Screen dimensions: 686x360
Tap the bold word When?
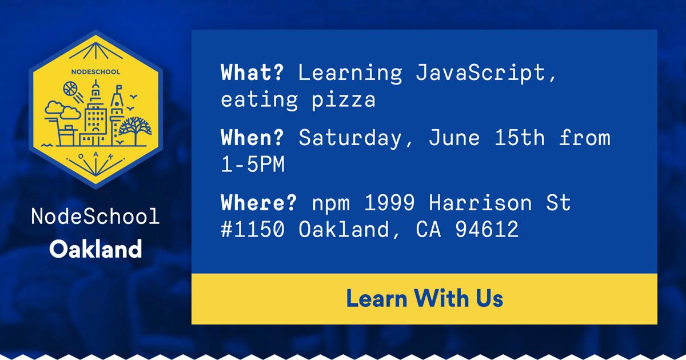click(x=252, y=138)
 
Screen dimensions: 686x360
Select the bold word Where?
click(x=258, y=202)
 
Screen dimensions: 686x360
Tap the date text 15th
click(x=520, y=138)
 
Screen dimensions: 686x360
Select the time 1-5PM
click(x=253, y=165)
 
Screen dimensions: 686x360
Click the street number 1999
click(x=389, y=203)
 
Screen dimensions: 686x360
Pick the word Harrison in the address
click(x=480, y=203)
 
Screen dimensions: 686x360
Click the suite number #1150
click(x=253, y=229)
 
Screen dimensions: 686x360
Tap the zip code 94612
click(x=487, y=229)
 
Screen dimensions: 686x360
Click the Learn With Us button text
click(x=424, y=298)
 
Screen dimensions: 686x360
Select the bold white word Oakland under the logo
click(x=95, y=249)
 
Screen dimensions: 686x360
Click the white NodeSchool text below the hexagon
click(x=95, y=217)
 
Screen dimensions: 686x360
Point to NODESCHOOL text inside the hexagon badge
click(x=95, y=72)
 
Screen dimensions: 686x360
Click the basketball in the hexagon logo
click(x=70, y=89)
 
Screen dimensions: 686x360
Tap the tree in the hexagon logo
click(x=135, y=130)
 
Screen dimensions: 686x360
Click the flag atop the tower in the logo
click(x=119, y=88)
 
